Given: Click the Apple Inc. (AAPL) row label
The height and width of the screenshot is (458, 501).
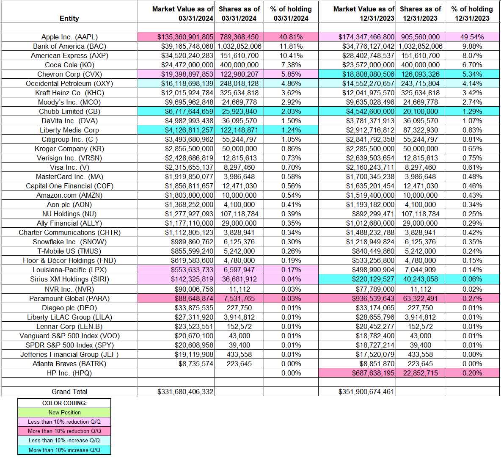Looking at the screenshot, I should [69, 37].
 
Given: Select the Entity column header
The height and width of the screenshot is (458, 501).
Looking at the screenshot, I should [69, 18].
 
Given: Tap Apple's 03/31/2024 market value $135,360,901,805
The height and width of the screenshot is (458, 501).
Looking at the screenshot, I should [185, 37].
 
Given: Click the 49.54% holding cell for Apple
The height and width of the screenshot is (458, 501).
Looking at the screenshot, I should [472, 37].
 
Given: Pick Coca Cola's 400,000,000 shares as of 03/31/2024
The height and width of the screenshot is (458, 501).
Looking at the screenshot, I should [239, 65].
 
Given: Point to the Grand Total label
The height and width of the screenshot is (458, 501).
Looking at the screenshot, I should [69, 392].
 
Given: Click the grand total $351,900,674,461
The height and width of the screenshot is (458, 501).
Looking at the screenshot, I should [366, 392].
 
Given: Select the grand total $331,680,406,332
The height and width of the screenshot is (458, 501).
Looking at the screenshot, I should [185, 392].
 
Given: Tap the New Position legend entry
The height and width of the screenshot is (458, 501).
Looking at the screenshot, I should [64, 412].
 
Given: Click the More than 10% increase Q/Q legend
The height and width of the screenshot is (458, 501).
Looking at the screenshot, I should [64, 450].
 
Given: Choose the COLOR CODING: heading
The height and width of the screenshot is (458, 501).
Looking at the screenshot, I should [64, 403].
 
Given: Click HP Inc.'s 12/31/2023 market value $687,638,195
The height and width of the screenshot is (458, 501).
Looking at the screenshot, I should [366, 373].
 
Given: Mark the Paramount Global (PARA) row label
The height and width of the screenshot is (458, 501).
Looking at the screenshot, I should [69, 298].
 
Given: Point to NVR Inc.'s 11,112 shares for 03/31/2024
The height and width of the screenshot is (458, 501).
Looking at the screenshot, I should [239, 289].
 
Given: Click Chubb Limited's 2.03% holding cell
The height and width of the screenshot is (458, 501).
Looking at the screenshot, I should [291, 111].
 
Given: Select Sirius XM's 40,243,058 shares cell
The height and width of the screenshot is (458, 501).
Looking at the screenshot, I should [420, 279].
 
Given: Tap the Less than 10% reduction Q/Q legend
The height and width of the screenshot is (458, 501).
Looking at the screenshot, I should [64, 422].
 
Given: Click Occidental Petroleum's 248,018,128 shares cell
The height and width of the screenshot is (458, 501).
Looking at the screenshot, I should [239, 83].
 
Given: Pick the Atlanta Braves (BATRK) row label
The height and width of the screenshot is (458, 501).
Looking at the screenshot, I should [69, 364].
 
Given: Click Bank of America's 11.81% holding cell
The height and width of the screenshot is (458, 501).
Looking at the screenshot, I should [291, 46].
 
